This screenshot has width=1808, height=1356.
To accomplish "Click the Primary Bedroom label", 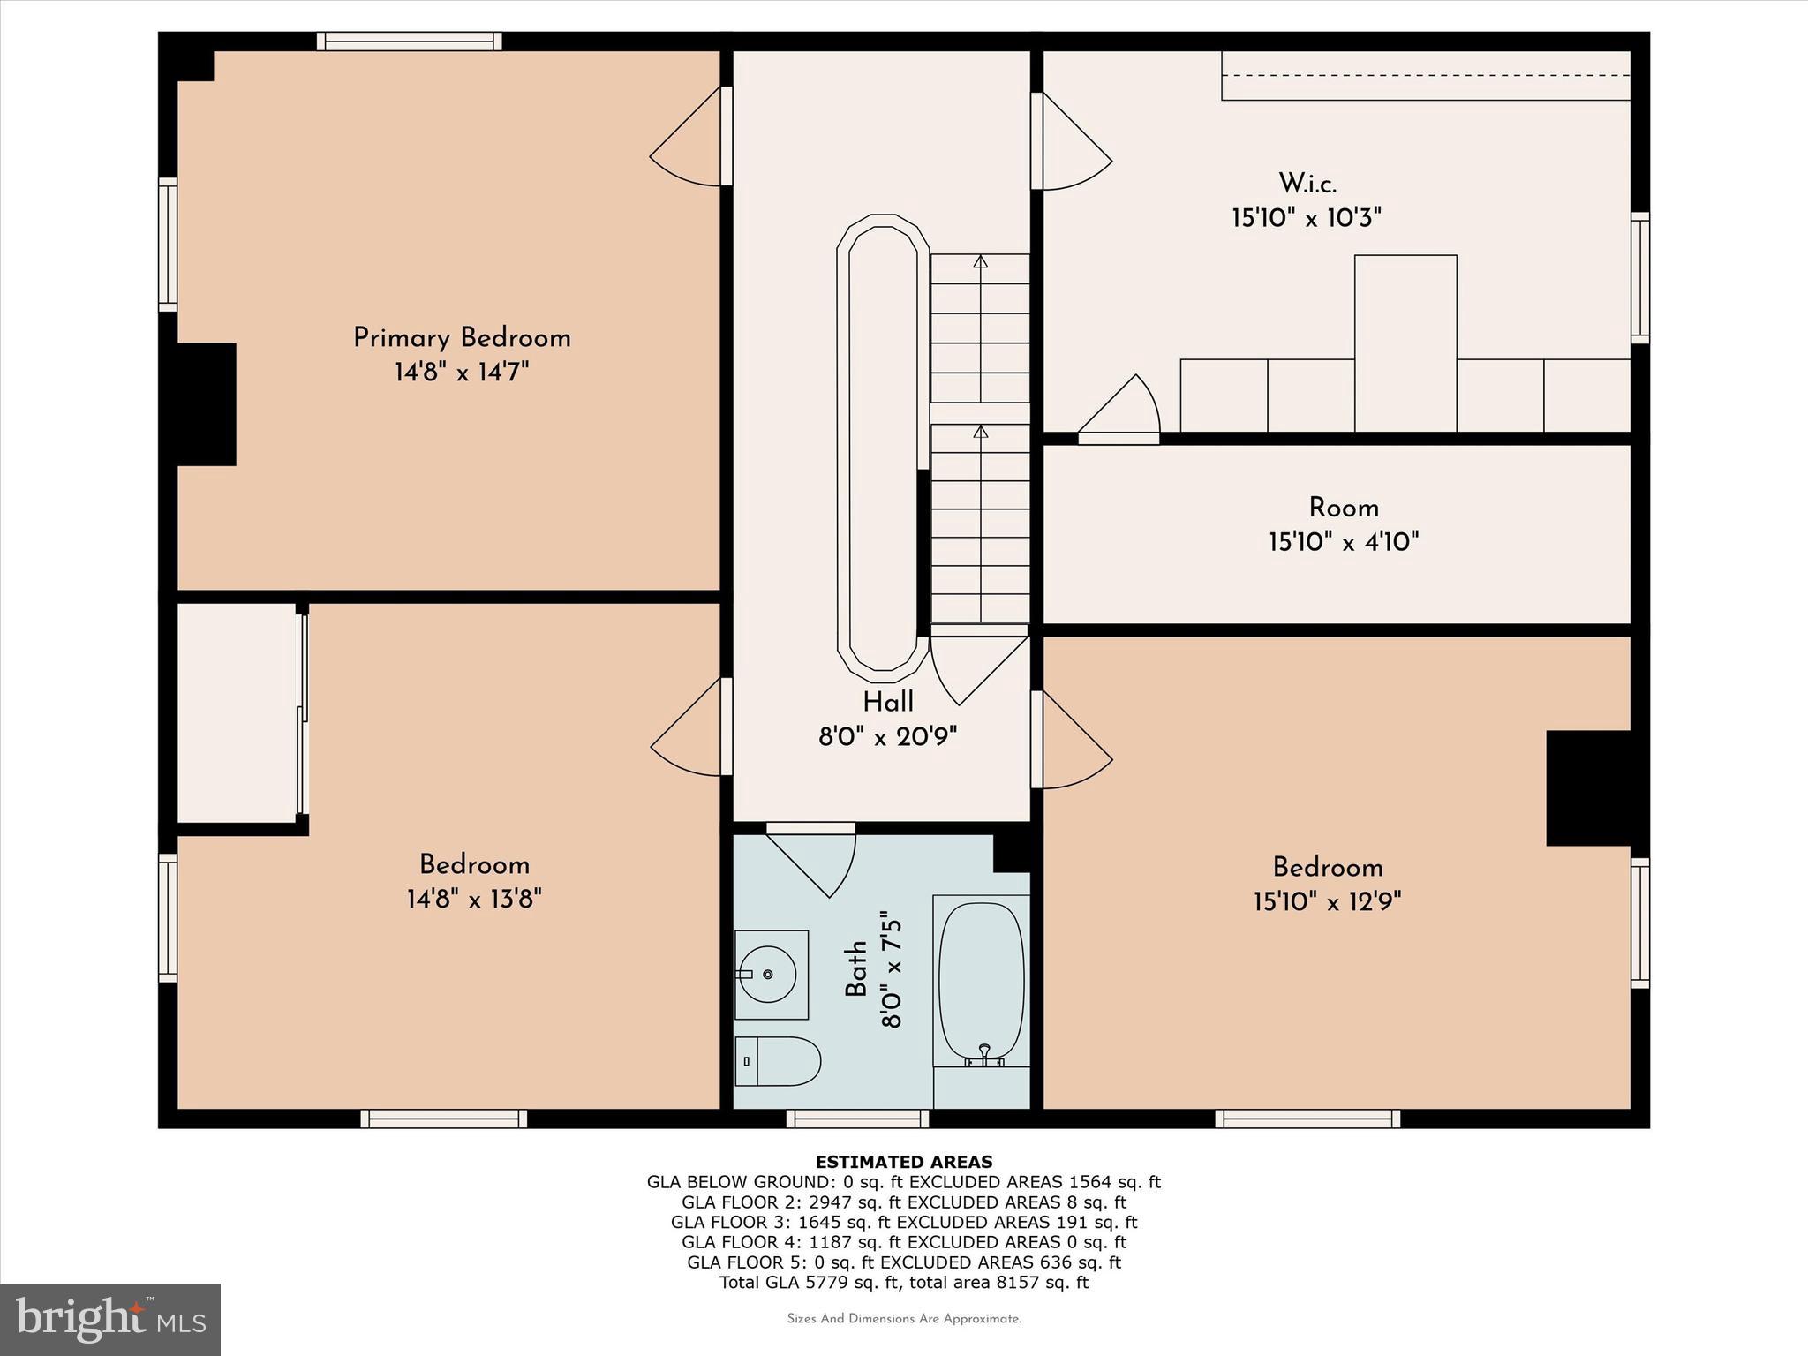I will coord(462,338).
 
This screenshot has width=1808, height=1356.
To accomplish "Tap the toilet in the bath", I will coord(777,1061).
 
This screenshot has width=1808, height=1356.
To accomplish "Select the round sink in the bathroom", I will coord(767,974).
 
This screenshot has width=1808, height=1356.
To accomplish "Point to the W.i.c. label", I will coord(1307,184).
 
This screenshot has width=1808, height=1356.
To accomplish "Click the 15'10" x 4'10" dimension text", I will coord(1344,541).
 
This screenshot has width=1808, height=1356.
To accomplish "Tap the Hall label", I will coord(887,703).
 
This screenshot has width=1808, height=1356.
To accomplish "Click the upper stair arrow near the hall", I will coord(980,263).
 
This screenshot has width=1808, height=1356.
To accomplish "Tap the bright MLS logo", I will coord(110,1319).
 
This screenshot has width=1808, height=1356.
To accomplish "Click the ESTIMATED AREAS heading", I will coord(903,1162).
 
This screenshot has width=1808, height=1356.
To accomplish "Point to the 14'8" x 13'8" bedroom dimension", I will coord(474,900).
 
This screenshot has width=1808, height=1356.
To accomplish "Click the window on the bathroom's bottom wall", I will coord(857,1119).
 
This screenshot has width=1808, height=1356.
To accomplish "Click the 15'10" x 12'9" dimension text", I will coord(1327,901).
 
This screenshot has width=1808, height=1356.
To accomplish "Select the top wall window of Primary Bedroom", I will coord(410,41).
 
